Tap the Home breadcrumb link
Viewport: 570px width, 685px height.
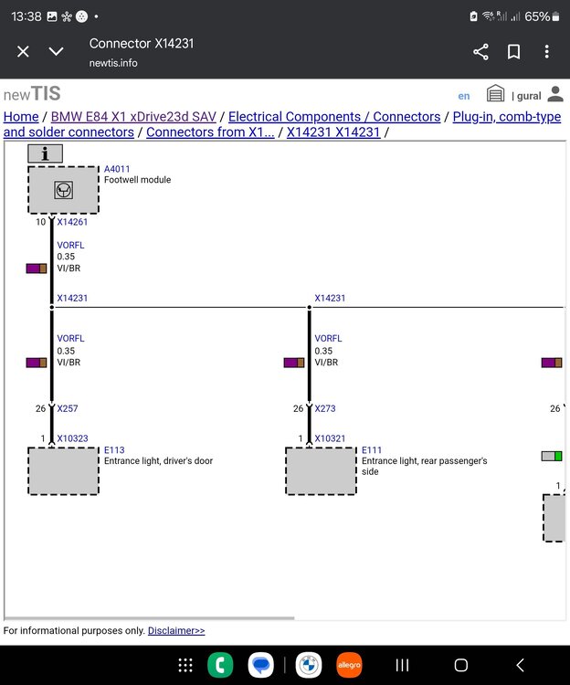[21, 117]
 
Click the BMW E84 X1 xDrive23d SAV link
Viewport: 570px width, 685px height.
[133, 117]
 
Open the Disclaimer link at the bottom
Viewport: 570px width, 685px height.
[176, 630]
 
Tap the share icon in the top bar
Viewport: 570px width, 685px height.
[480, 52]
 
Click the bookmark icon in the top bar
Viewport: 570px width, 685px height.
[513, 52]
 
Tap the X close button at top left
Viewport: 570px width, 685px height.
[23, 51]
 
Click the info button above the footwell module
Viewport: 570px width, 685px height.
[45, 153]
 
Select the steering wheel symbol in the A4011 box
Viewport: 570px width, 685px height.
[63, 190]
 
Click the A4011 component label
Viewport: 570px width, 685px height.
[117, 169]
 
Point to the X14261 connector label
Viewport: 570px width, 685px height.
[72, 222]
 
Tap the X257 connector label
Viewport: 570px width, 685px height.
[68, 408]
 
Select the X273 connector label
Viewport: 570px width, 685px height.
[325, 408]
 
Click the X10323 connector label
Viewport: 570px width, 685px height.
[72, 438]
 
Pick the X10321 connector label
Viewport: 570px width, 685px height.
[330, 438]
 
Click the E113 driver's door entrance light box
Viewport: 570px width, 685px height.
[63, 471]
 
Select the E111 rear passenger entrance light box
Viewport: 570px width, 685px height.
[321, 471]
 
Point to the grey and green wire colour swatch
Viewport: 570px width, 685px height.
[552, 456]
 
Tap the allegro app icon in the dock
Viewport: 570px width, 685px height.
[349, 665]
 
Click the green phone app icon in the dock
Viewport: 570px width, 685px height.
[220, 665]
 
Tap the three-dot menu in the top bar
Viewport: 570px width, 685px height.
[547, 51]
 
